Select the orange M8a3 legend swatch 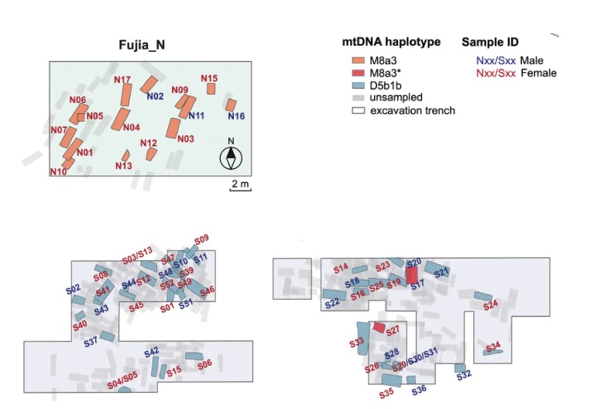point(357,60)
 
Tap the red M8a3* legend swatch point(357,73)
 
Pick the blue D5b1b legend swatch point(357,85)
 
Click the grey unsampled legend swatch point(357,98)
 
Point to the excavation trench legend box point(357,110)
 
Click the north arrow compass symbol point(231,156)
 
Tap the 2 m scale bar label point(239,184)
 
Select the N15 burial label point(209,78)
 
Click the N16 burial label point(236,116)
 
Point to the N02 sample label point(155,97)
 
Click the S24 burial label point(491,305)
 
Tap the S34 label point(493,345)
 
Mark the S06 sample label point(204,364)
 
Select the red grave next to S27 point(379,328)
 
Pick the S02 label point(74,289)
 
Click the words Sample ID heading point(490,42)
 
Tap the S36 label point(418,389)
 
